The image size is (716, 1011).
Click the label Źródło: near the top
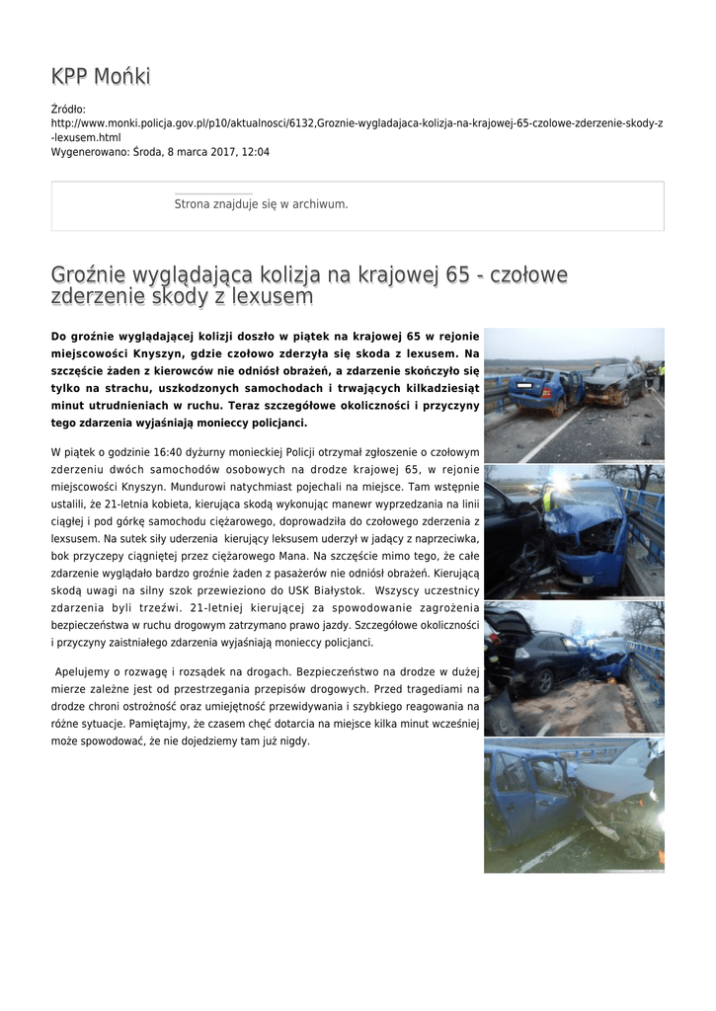tap(68, 109)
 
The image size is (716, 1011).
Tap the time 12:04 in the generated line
tap(256, 152)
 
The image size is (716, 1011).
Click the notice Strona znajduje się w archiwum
tap(261, 204)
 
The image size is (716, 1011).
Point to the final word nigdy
tap(294, 740)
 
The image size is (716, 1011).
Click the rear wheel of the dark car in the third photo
tap(544, 678)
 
